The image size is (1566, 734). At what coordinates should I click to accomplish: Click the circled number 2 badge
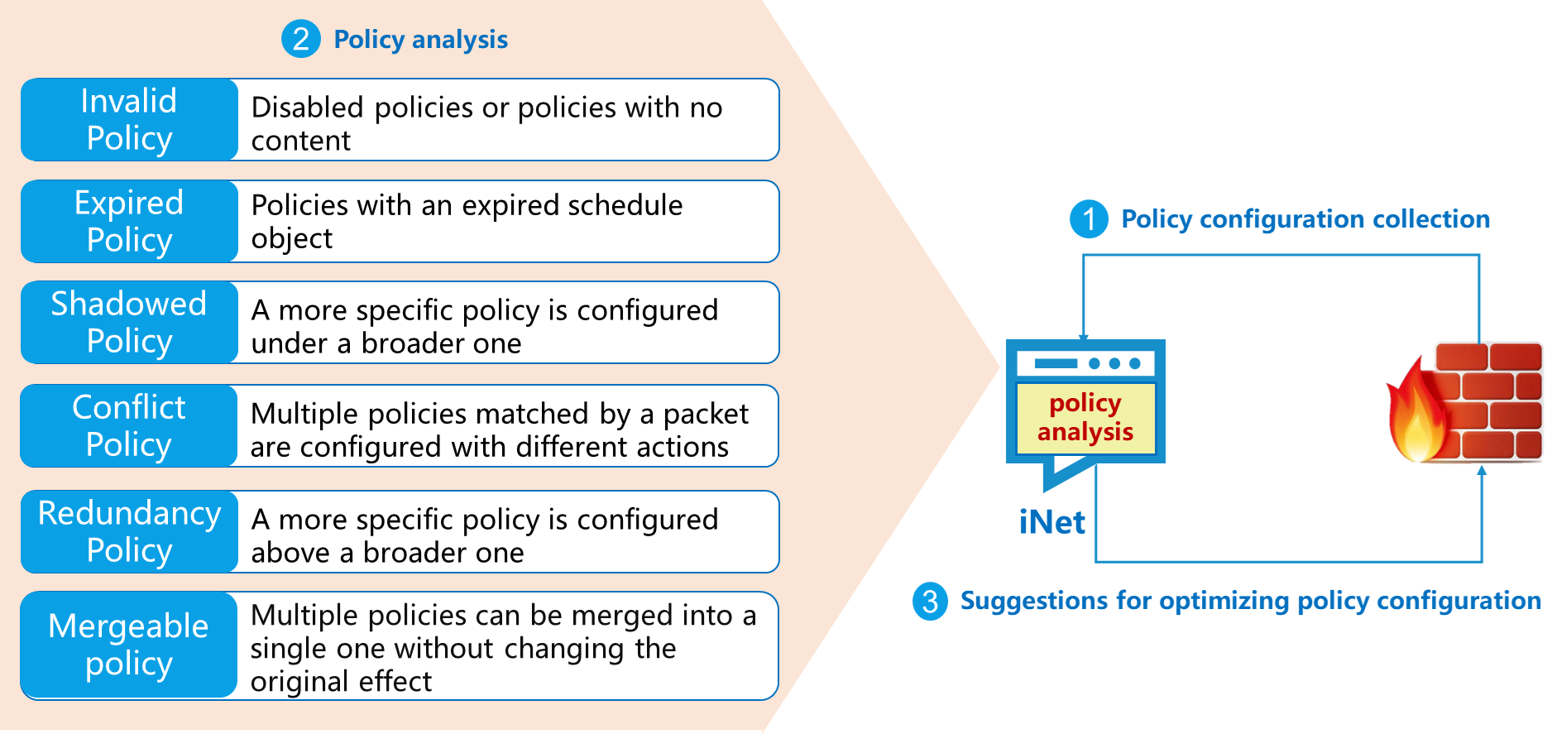pyautogui.click(x=300, y=39)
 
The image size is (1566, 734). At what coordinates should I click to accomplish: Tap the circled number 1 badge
pyautogui.click(x=1089, y=219)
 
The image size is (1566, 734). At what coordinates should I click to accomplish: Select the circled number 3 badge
pyautogui.click(x=930, y=601)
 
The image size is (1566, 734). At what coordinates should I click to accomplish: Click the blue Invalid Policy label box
pyautogui.click(x=129, y=120)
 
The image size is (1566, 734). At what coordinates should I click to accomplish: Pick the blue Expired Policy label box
pyautogui.click(x=129, y=222)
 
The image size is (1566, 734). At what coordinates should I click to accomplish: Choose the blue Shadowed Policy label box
pyautogui.click(x=129, y=323)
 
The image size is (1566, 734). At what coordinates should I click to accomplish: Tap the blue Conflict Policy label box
pyautogui.click(x=129, y=426)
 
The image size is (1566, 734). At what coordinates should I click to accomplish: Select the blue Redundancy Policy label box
pyautogui.click(x=129, y=532)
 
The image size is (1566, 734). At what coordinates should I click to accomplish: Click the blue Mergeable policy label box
pyautogui.click(x=129, y=645)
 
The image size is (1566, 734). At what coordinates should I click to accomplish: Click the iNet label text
pyautogui.click(x=1051, y=523)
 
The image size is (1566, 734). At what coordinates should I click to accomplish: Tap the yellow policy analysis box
pyautogui.click(x=1085, y=418)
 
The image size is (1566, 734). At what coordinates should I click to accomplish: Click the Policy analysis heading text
pyautogui.click(x=420, y=40)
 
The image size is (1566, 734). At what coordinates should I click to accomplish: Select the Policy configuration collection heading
pyautogui.click(x=1305, y=219)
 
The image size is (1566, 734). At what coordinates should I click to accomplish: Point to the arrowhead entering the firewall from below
pyautogui.click(x=1482, y=471)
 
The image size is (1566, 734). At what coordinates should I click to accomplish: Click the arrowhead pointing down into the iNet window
pyautogui.click(x=1084, y=337)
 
